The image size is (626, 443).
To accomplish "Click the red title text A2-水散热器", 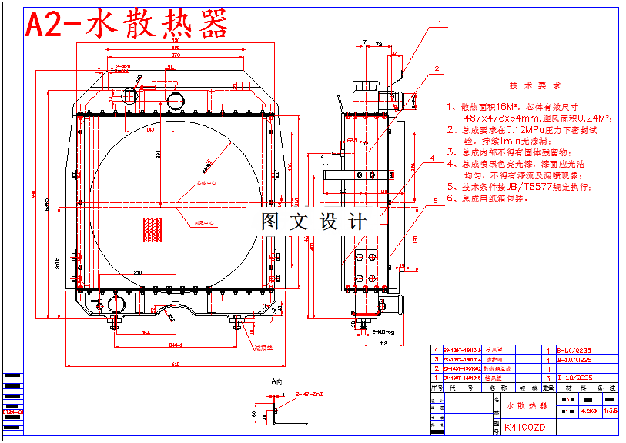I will (x=128, y=25).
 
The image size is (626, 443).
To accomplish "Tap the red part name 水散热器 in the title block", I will (x=526, y=405).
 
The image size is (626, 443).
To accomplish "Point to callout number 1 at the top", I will (x=440, y=23).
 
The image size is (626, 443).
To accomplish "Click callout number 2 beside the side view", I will (x=437, y=68).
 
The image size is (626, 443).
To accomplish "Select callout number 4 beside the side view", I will (x=432, y=159).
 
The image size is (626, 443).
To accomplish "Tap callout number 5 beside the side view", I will (x=435, y=200).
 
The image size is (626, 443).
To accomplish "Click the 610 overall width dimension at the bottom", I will (x=175, y=364).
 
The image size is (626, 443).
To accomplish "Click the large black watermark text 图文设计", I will (x=314, y=222).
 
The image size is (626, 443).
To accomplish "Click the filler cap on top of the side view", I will (x=361, y=82).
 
